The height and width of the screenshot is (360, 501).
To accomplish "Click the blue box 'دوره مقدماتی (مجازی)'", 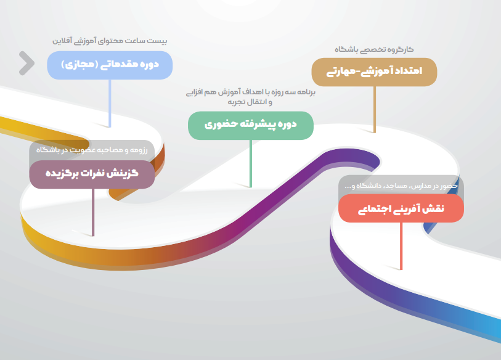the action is [x=110, y=65].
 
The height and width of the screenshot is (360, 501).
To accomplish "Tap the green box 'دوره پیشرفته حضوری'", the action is [x=250, y=125].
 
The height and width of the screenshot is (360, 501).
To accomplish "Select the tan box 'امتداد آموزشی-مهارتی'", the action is [x=374, y=72].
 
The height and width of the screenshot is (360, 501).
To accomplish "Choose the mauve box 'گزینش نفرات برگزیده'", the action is [x=92, y=174].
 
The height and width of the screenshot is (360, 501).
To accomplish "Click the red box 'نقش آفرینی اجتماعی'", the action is [x=401, y=208].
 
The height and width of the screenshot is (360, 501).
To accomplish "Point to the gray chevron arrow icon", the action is [x=27, y=63].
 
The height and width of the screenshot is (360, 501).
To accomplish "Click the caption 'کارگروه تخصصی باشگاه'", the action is [x=374, y=49].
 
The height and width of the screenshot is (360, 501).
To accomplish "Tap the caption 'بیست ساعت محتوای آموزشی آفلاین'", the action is [x=110, y=41].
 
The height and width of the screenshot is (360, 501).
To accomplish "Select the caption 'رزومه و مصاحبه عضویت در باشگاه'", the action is [x=92, y=150].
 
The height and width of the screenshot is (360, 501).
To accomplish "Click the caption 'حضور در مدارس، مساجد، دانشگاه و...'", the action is [x=401, y=186].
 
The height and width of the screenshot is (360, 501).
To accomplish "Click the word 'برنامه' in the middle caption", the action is [x=306, y=92].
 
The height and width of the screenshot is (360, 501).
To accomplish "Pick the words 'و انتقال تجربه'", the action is [x=250, y=102].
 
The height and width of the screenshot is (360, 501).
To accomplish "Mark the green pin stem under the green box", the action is [x=250, y=163].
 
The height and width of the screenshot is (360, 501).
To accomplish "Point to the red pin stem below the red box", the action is [x=401, y=246].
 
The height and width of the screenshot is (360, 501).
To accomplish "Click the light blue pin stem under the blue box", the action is [x=110, y=104].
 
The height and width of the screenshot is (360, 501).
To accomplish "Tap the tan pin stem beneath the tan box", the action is [x=375, y=109].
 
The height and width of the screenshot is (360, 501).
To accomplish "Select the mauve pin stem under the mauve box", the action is [x=93, y=213].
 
